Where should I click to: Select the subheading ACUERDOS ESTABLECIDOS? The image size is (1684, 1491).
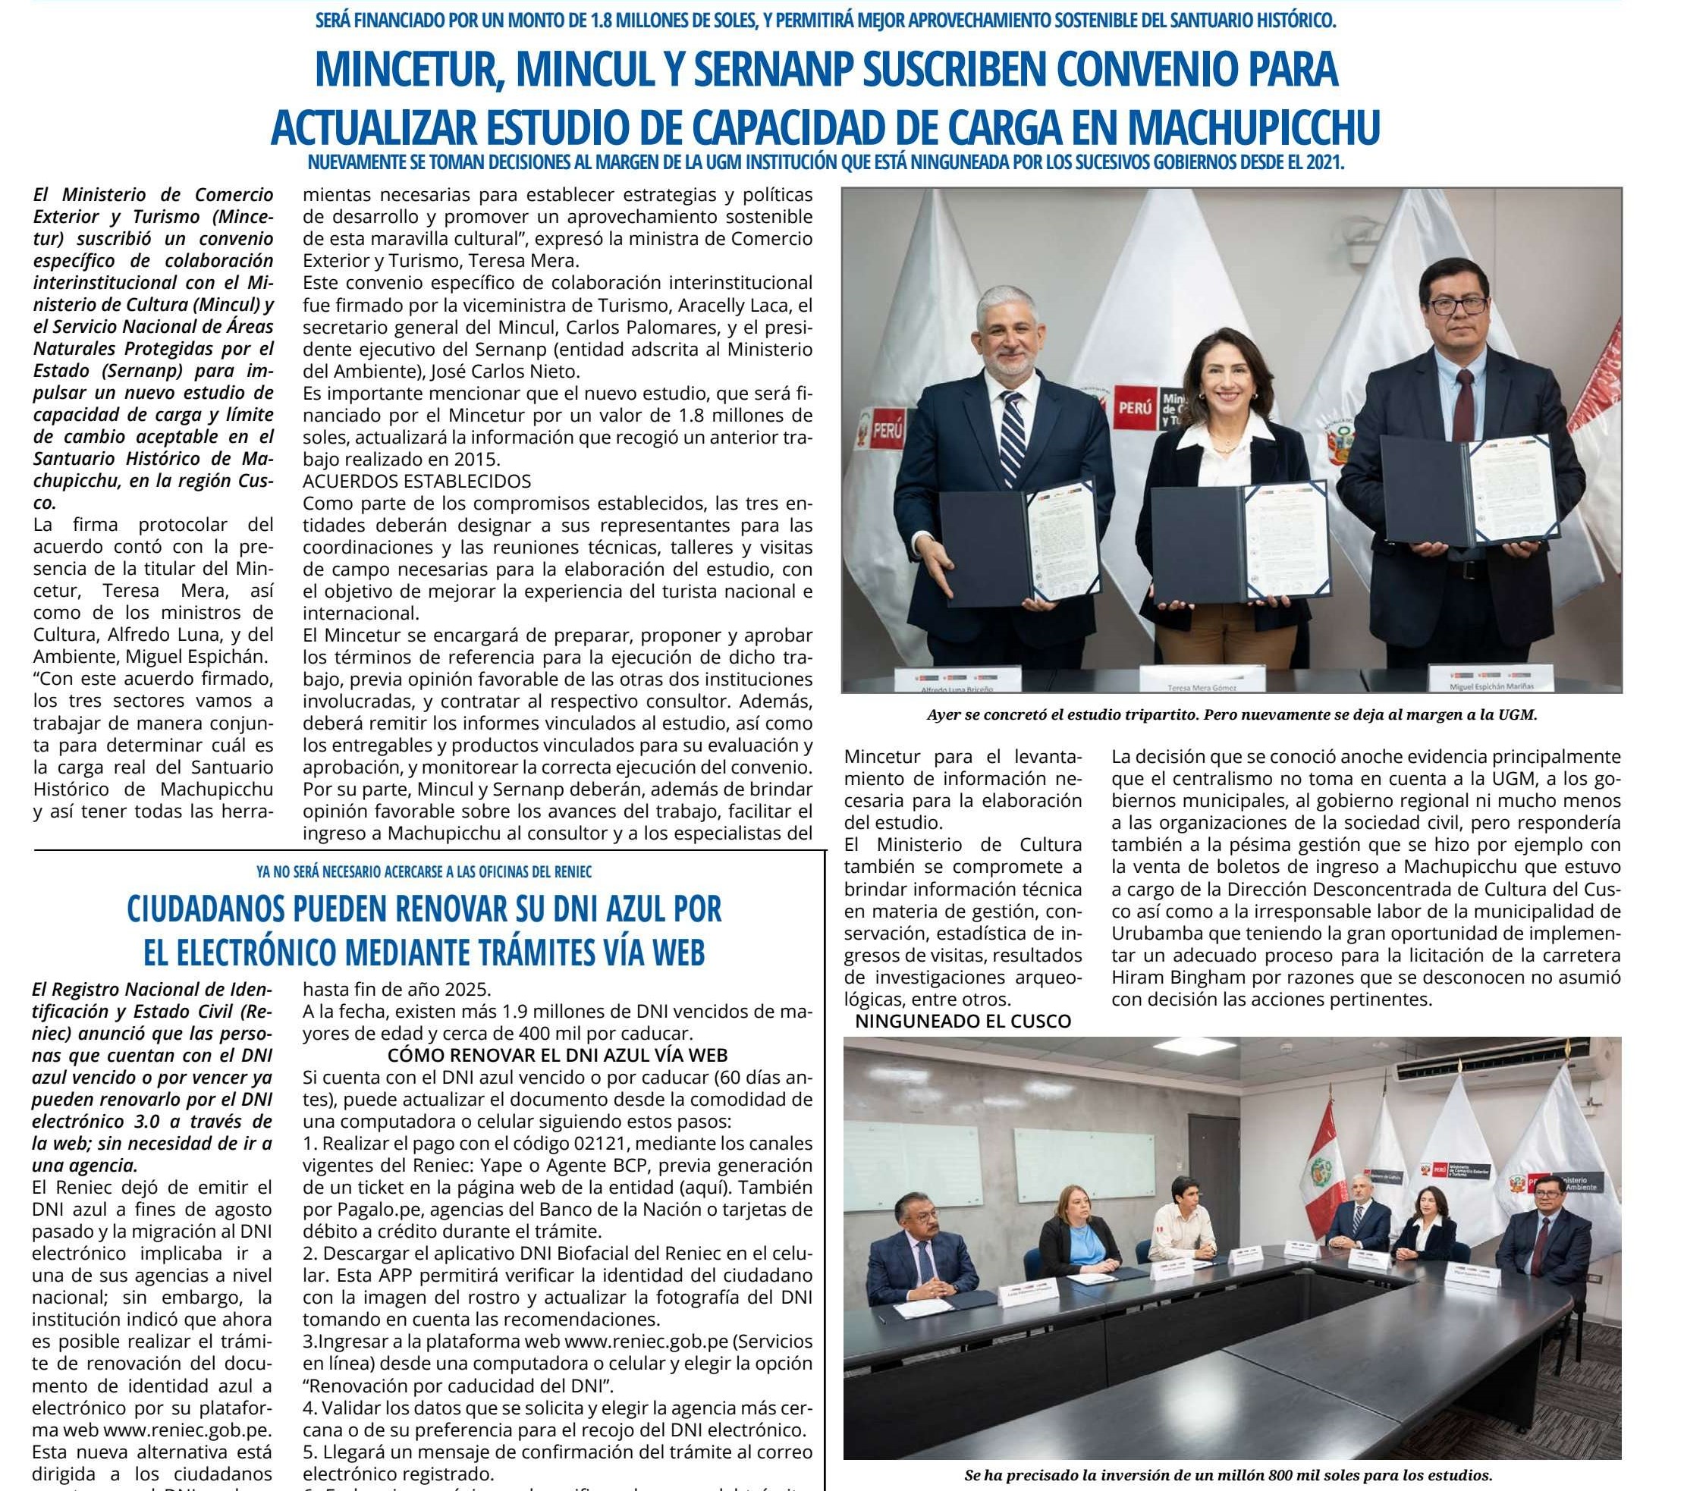(417, 480)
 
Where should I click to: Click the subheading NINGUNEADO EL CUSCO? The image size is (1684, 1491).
(963, 1022)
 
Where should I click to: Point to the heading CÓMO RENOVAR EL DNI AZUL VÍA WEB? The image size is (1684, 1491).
(558, 1055)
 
